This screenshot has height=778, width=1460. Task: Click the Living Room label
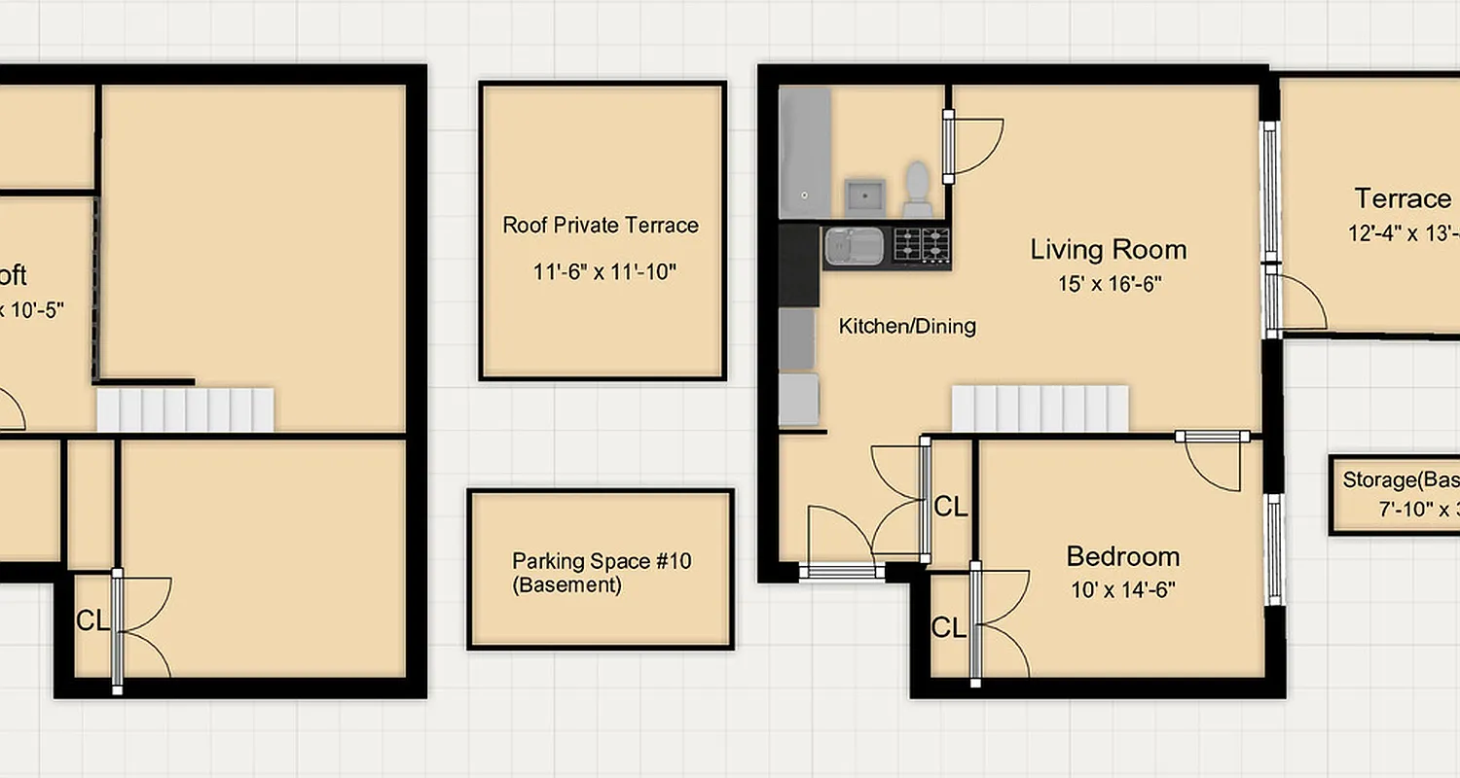click(x=1109, y=250)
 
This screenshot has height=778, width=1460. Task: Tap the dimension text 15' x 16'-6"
click(x=1109, y=284)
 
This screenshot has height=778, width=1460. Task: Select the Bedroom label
click(x=1123, y=556)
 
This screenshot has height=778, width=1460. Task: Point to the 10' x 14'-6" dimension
click(x=1123, y=589)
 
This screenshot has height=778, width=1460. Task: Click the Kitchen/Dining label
click(x=907, y=327)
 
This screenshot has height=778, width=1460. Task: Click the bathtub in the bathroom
click(x=804, y=153)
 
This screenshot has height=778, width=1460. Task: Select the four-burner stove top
click(x=921, y=245)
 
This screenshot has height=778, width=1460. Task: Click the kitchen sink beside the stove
click(x=854, y=247)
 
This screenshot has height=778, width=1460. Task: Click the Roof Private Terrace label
click(x=601, y=226)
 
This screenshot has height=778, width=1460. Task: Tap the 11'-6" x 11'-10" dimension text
click(x=603, y=272)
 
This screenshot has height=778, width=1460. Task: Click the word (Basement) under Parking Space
click(x=566, y=585)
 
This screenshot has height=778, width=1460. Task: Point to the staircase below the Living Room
click(x=1039, y=408)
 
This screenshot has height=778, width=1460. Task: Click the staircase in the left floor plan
click(x=185, y=409)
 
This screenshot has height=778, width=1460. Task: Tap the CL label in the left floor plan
click(x=92, y=621)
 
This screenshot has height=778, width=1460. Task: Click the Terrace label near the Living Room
click(x=1403, y=199)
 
